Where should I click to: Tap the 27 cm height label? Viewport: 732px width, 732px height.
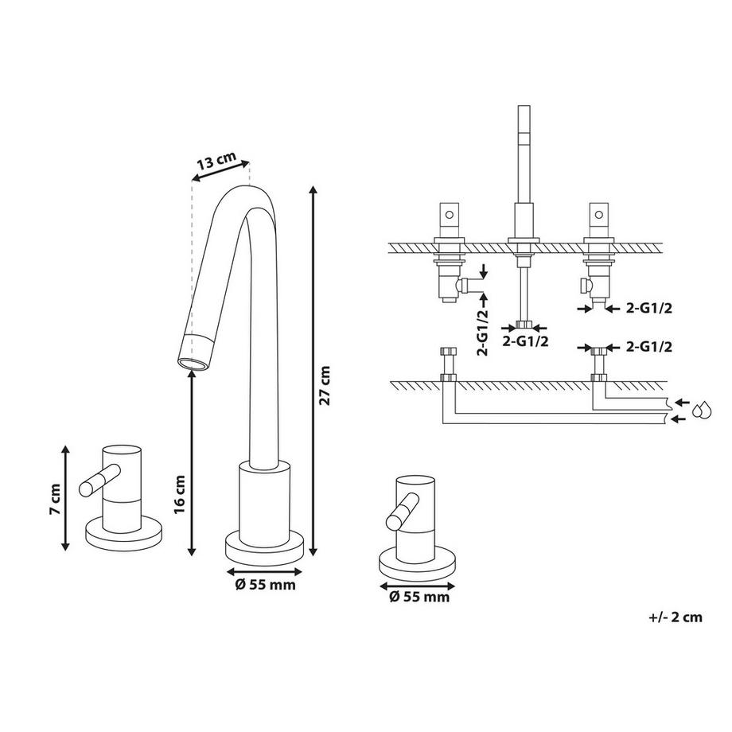click(x=325, y=386)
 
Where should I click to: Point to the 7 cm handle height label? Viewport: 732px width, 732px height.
click(x=53, y=499)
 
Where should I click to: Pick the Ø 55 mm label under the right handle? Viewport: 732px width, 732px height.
click(x=419, y=596)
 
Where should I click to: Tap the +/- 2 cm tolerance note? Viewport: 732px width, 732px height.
click(x=676, y=617)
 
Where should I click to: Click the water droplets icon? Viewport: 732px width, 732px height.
click(x=701, y=410)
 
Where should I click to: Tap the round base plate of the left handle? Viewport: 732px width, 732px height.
click(x=123, y=535)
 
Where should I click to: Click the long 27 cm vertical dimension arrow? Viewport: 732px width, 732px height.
click(x=313, y=370)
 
